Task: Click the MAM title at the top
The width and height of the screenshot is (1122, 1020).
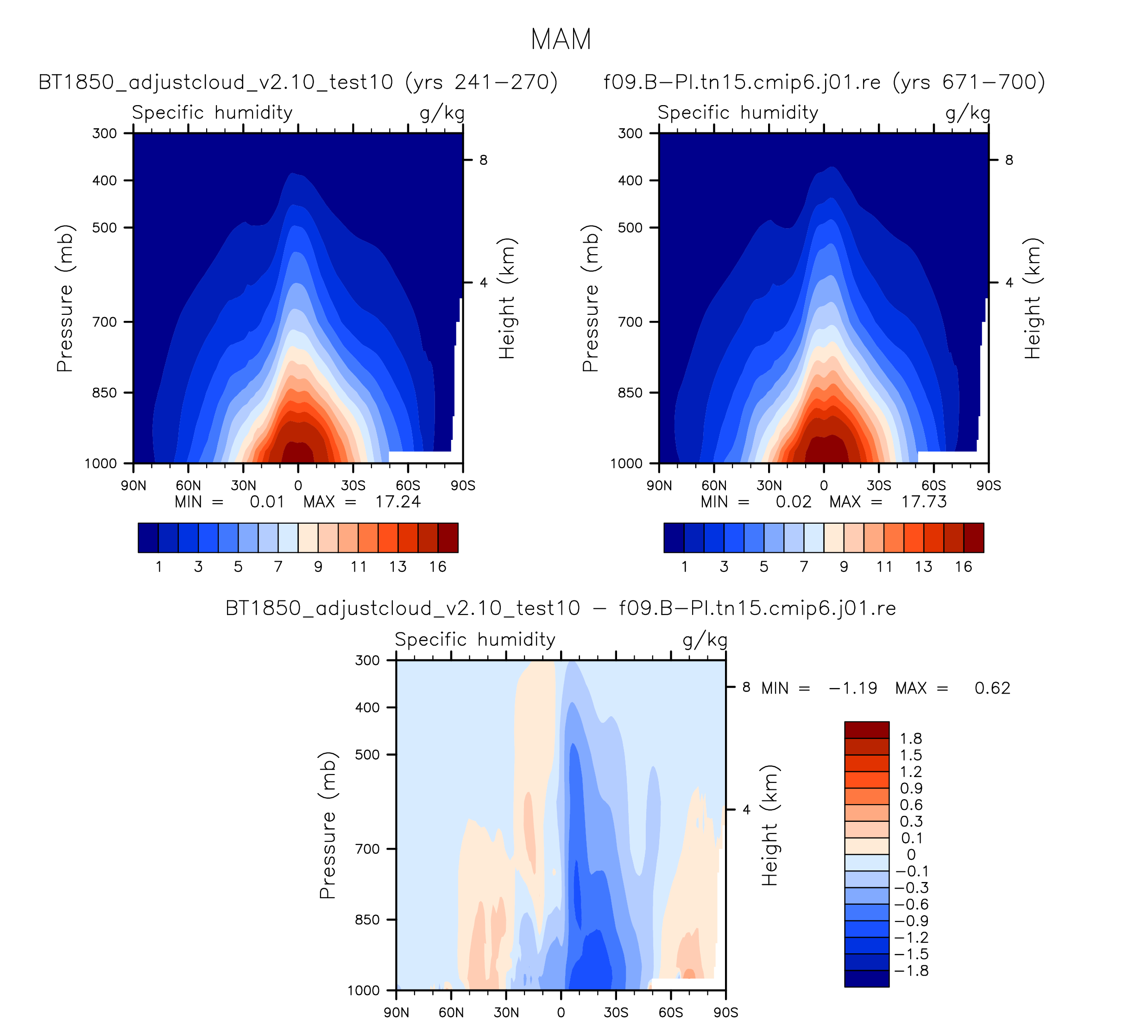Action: point(561,39)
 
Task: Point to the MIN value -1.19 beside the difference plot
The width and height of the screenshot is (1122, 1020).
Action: point(853,688)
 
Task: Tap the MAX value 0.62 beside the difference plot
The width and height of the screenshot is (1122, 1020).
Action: point(992,688)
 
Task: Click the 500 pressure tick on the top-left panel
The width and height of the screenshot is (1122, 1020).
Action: point(105,227)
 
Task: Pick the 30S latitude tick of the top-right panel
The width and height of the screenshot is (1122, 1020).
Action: point(879,486)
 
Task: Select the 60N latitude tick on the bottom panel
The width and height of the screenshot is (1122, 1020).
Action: point(451,1012)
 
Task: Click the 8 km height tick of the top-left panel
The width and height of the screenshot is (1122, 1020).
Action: point(483,160)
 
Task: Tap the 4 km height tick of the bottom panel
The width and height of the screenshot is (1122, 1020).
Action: point(746,810)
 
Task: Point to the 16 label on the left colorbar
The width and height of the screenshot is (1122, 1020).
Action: point(438,567)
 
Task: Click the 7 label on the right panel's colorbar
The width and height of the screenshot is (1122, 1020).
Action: point(804,567)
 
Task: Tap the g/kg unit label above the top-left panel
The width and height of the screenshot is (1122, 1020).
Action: point(442,113)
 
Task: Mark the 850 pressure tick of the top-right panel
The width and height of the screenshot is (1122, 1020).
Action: point(630,393)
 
